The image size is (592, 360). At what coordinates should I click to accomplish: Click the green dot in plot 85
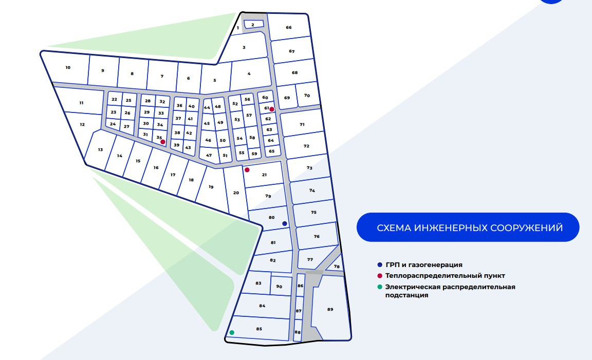[232, 332]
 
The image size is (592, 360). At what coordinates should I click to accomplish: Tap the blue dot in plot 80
[285, 223]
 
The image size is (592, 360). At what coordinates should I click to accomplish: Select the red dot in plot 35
[163, 142]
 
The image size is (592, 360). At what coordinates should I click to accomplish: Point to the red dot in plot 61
[272, 109]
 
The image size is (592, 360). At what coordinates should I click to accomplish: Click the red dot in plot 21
[247, 170]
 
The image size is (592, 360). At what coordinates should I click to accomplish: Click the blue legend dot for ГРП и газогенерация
[380, 265]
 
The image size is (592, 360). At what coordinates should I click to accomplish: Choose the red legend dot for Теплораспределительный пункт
[380, 276]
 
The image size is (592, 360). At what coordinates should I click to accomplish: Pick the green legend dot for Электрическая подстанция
[380, 287]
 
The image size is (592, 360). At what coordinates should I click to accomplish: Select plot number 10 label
[68, 68]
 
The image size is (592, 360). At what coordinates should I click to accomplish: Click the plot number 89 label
[330, 310]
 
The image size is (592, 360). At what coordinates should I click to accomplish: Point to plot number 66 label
[289, 28]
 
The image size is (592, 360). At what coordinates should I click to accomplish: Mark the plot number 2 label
[253, 25]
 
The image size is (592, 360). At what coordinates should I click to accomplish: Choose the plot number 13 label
[100, 150]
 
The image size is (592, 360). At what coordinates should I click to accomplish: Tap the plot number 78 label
[337, 267]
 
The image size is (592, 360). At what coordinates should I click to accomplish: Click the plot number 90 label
[279, 287]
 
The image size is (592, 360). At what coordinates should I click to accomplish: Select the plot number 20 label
[236, 193]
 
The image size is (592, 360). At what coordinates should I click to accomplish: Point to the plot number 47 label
[209, 155]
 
